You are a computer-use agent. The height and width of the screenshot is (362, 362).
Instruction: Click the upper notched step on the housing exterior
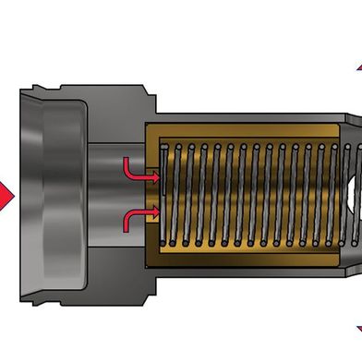click(148, 92)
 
